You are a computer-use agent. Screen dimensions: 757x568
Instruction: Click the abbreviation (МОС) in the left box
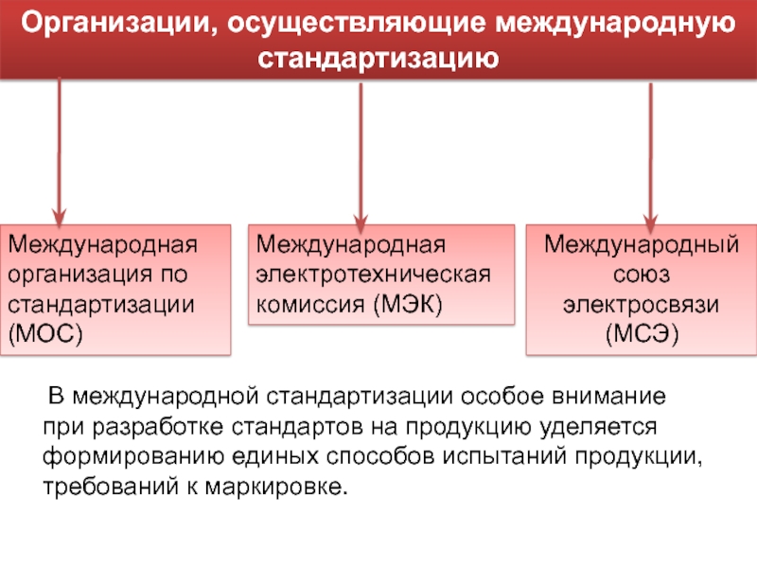(x=44, y=333)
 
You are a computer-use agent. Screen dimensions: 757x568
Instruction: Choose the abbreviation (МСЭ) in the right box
(x=641, y=334)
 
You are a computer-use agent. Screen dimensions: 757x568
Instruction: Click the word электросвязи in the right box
(x=642, y=305)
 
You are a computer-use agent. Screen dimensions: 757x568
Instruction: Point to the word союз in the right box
(x=641, y=275)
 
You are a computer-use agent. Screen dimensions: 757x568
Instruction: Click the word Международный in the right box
(x=641, y=246)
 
